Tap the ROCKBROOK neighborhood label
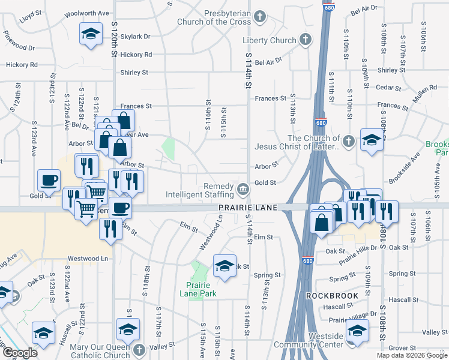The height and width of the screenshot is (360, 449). point(333,296)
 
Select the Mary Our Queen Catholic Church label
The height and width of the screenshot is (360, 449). point(100,351)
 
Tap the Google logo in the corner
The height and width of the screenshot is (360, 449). point(20,353)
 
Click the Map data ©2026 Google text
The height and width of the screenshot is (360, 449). point(412,355)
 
